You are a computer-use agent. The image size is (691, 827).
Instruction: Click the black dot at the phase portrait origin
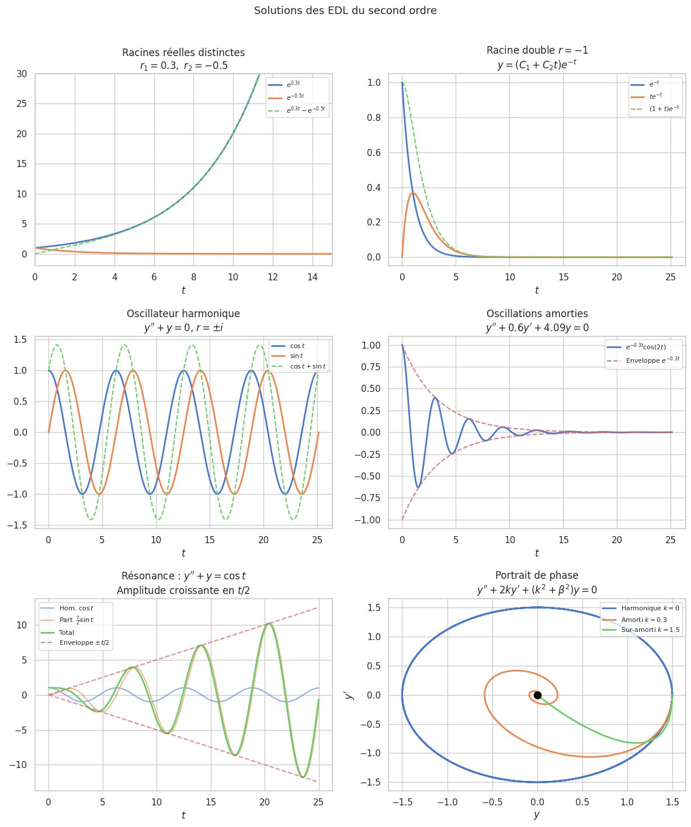coord(537,695)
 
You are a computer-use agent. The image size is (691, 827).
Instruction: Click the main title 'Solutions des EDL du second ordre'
coord(345,11)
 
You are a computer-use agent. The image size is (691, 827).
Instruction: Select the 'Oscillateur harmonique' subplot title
coord(183,314)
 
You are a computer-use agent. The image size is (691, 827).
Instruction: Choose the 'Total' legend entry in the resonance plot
coord(67,633)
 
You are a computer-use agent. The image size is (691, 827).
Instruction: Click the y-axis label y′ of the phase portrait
coord(349,695)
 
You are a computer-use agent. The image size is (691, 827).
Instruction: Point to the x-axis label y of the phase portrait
coord(537,815)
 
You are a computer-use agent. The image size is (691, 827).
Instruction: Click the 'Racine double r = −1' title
coord(537,50)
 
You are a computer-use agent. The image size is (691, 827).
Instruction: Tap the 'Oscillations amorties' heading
coord(537,314)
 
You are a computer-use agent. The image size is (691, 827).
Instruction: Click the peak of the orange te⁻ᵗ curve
coord(413,193)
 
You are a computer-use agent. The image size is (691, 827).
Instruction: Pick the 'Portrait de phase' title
coord(537,575)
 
